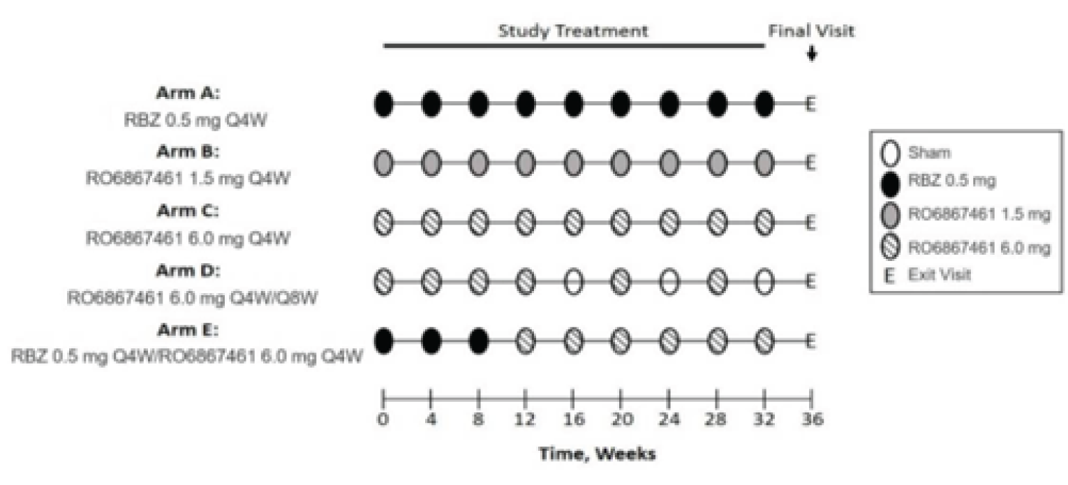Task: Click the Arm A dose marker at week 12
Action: pos(525,105)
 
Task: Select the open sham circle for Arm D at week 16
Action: pos(573,283)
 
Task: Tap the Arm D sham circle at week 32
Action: pos(765,283)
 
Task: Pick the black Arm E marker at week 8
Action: pos(478,342)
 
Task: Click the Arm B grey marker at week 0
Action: pos(383,165)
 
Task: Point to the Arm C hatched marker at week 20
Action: pos(621,224)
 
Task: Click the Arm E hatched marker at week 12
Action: pos(525,342)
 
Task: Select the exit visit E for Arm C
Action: pos(810,224)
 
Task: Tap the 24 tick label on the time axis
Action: pos(669,420)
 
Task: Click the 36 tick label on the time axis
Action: pos(812,420)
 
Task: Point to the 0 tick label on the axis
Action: pos(383,420)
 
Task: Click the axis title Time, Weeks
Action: pos(596,454)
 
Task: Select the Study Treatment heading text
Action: pos(572,31)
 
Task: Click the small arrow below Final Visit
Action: pos(810,54)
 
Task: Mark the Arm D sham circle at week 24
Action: pos(669,283)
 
